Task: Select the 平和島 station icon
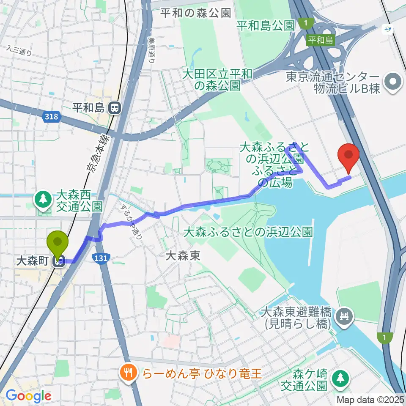[114, 108]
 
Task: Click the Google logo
[28, 396]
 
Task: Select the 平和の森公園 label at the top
[196, 13]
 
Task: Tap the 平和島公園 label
[265, 26]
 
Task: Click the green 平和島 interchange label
[320, 40]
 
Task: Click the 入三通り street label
[19, 51]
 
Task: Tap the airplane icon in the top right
[387, 29]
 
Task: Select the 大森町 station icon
[59, 262]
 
